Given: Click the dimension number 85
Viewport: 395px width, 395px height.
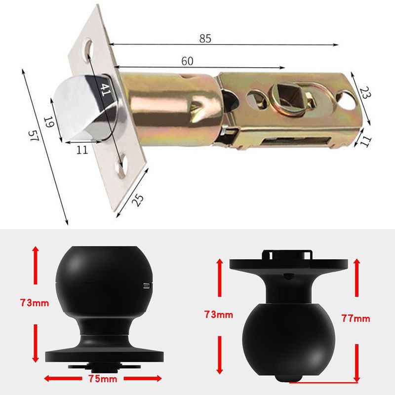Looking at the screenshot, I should tap(205, 39).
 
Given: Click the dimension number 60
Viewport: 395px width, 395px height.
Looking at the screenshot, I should tap(187, 61).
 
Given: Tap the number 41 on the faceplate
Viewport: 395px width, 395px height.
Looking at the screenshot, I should tap(105, 89).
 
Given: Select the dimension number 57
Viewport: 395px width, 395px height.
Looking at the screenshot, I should tap(33, 137).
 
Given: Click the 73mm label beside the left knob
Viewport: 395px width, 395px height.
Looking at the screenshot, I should tap(34, 303).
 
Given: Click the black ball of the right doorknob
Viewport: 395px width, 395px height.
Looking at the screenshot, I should tap(289, 341).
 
